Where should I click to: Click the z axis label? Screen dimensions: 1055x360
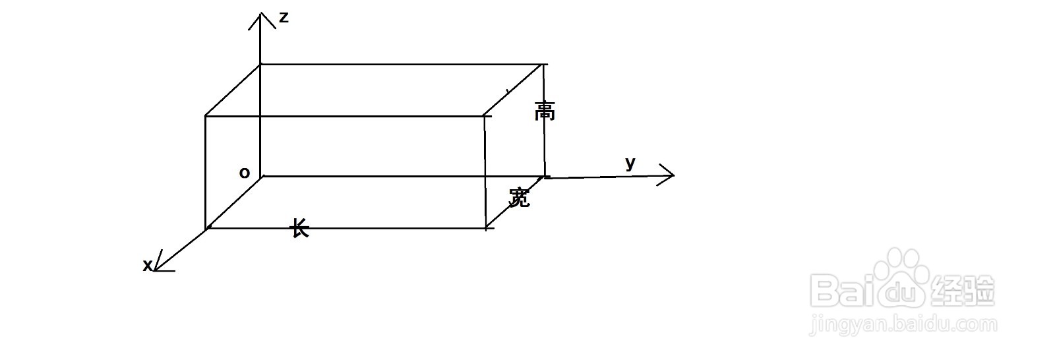click(x=284, y=18)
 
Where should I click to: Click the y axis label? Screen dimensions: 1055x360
click(x=630, y=163)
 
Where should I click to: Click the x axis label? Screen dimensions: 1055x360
click(x=148, y=265)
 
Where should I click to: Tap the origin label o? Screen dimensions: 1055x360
click(x=245, y=173)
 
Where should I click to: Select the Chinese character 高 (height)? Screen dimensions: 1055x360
click(x=545, y=111)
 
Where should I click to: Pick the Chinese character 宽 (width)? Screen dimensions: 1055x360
click(x=520, y=196)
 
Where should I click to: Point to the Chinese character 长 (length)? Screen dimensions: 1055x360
click(x=300, y=229)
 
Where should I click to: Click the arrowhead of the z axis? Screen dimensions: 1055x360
click(x=261, y=15)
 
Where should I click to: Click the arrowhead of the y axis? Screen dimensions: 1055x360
click(x=671, y=175)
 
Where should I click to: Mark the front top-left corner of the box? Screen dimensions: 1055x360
click(x=206, y=117)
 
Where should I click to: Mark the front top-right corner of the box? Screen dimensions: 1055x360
click(x=485, y=117)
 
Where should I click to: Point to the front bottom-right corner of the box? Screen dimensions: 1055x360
click(x=486, y=228)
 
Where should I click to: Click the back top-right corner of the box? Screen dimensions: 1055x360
click(x=544, y=65)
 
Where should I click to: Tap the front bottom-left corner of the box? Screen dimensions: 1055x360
click(x=207, y=228)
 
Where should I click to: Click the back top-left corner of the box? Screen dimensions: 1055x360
click(x=261, y=65)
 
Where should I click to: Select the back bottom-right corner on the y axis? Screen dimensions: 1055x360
click(x=545, y=176)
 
